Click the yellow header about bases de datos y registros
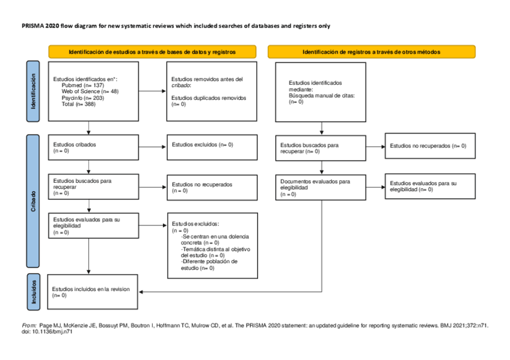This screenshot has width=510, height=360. coord(152,52)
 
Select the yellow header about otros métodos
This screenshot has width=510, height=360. coord(371,52)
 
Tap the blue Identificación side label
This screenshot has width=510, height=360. coord(32,91)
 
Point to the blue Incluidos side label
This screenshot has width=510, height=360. coord(32,291)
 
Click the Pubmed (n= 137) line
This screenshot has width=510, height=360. coord(83,85)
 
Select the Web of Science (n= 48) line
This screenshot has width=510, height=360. coord(90,91)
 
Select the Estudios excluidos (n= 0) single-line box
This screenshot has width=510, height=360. coord(212,145)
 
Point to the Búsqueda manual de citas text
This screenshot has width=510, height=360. coord(322,96)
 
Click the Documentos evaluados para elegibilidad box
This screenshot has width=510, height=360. coord(321,187)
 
